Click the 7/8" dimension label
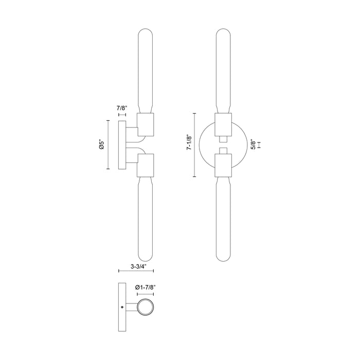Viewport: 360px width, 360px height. point(122,108)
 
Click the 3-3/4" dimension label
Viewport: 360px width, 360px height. point(137,267)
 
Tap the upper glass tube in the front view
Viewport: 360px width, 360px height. point(223,72)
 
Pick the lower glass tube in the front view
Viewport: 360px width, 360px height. point(223,216)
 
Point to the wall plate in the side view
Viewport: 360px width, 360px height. point(122,146)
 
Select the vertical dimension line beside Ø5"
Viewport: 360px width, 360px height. point(107,146)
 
